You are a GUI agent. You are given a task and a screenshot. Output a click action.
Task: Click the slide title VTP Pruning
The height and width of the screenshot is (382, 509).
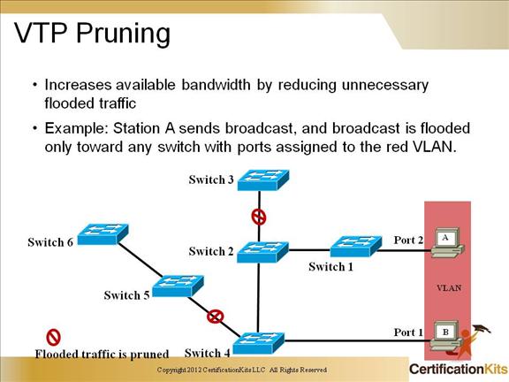[94, 33]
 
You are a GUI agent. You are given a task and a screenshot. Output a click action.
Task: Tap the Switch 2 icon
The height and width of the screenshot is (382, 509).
[262, 252]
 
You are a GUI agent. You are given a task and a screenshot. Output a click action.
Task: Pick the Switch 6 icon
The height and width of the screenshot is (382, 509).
[103, 234]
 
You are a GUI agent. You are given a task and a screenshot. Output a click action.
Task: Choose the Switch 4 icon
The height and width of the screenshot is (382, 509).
[258, 341]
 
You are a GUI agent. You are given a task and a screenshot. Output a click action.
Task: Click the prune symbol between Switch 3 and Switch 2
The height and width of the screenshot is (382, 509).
[259, 216]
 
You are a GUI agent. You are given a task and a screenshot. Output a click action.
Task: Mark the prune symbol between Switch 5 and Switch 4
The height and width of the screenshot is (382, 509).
[215, 315]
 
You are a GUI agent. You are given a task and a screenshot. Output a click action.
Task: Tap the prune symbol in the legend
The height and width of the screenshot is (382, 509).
[53, 337]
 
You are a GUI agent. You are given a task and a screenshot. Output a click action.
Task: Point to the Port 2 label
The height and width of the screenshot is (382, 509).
[408, 240]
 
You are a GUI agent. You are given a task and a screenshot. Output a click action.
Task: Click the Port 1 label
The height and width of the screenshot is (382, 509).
[408, 332]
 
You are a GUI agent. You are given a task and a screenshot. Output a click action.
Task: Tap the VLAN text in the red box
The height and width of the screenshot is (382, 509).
[448, 287]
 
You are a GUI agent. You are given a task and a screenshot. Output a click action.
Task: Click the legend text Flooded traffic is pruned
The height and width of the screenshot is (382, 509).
[102, 354]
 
